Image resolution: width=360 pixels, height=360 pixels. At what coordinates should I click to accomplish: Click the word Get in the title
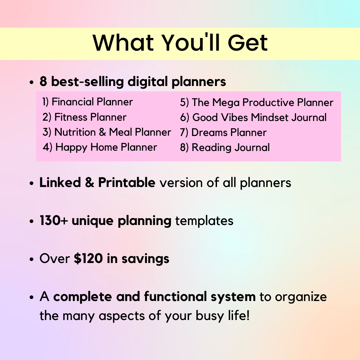click(248, 43)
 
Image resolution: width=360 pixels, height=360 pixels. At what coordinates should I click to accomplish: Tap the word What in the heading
click(123, 43)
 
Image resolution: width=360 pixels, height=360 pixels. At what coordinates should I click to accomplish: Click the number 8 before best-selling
click(43, 82)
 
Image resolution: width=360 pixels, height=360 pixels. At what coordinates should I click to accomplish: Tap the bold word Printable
click(127, 183)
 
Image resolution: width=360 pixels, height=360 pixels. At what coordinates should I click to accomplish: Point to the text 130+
click(53, 221)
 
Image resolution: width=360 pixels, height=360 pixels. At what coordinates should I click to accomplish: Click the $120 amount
click(88, 259)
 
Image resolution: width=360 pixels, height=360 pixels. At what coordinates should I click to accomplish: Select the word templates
click(204, 221)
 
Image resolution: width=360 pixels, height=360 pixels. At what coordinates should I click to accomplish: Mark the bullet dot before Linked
click(32, 184)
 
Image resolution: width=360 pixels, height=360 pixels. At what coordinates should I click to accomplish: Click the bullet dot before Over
click(32, 259)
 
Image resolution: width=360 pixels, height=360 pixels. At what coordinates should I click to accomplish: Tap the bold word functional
click(175, 296)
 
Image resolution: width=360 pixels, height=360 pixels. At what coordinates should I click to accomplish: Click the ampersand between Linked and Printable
click(90, 183)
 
